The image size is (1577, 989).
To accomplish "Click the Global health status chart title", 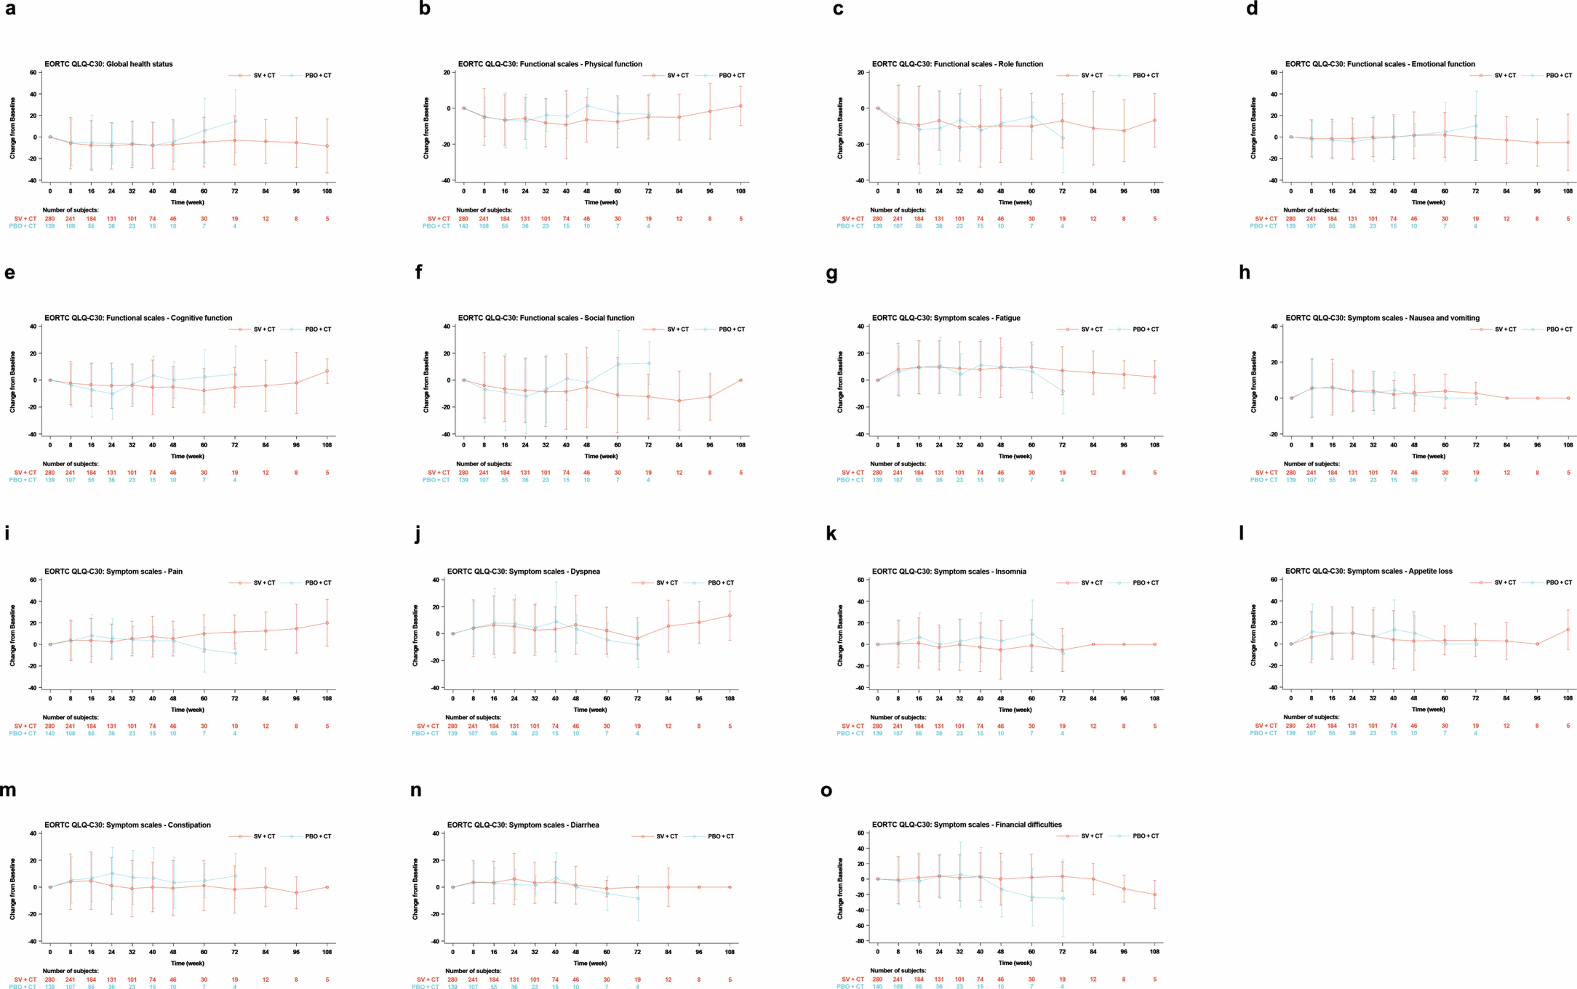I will tap(109, 64).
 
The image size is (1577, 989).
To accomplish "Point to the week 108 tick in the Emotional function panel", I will tap(1568, 191).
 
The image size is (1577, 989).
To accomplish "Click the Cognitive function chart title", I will tap(138, 318).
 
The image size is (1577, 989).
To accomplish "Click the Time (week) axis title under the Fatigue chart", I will tap(1015, 456).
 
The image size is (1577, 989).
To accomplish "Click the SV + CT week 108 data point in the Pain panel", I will tap(327, 623).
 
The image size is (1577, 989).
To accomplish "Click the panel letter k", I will tap(831, 534).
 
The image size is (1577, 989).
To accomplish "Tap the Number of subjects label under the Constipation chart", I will tap(71, 971).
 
